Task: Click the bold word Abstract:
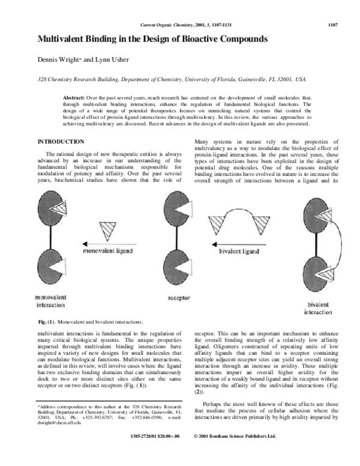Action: pyautogui.click(x=74, y=96)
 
